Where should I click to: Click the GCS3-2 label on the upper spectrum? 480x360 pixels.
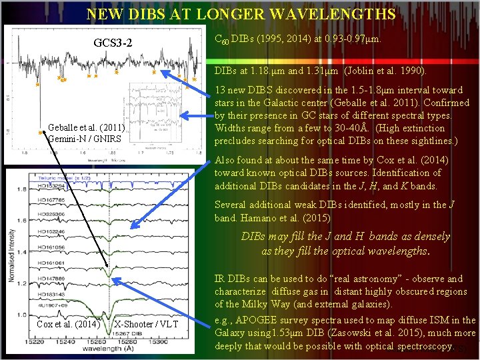(113, 44)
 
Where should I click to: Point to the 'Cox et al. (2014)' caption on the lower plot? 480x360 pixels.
(68, 325)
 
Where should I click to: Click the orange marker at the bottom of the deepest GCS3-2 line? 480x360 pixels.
(41, 132)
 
